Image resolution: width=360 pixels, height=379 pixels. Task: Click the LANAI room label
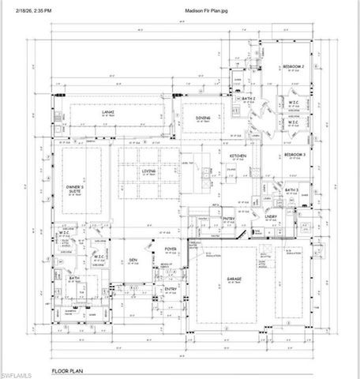110,113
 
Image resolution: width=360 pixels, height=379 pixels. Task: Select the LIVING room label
148,170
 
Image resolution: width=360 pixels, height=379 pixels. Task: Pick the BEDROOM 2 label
294,68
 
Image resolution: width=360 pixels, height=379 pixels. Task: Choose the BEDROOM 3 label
294,155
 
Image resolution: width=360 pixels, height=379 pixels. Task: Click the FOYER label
167,254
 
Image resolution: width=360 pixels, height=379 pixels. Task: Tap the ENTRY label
170,290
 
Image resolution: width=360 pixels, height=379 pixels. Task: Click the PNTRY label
230,218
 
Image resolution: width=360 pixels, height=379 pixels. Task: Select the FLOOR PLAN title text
69,370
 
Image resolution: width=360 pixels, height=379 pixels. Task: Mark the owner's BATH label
73,278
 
